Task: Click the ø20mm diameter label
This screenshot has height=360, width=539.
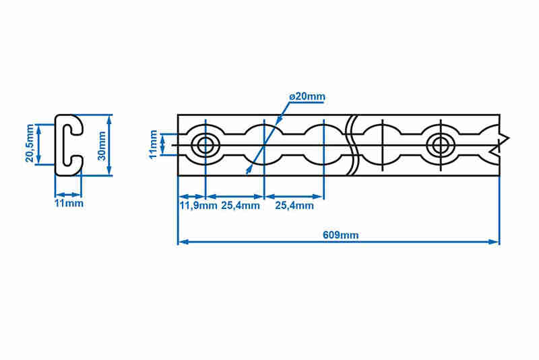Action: (307, 96)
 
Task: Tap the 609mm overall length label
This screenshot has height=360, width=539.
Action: (340, 235)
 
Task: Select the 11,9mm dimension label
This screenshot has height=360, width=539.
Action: (198, 206)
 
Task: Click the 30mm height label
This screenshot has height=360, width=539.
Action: (102, 146)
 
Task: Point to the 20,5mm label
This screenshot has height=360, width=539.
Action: (30, 143)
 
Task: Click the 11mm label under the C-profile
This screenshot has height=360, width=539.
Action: (69, 203)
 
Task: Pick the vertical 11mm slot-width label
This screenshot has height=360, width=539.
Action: (154, 144)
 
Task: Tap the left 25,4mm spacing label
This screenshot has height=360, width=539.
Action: (241, 206)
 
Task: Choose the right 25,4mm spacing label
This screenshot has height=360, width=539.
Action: (294, 206)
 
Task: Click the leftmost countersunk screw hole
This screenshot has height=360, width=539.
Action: (205, 145)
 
